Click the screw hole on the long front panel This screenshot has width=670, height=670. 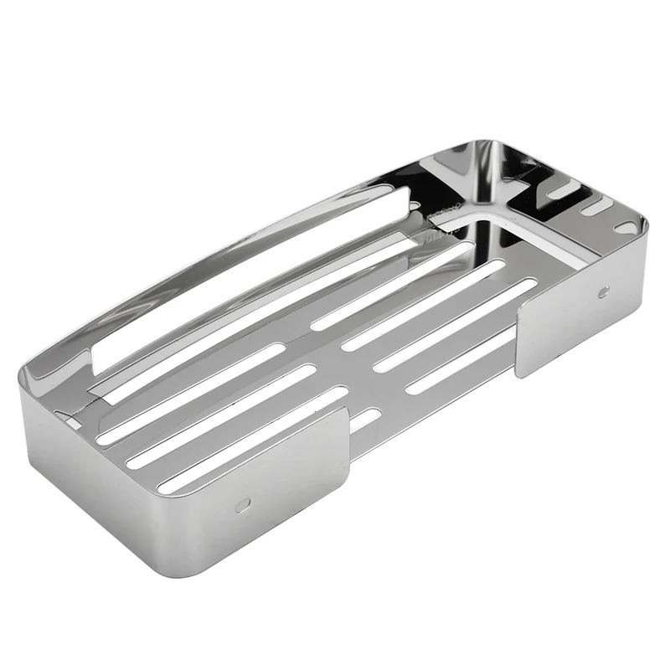pos(242,505)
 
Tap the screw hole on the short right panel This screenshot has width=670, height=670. pos(603,292)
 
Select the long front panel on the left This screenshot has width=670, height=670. pos(184,494)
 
